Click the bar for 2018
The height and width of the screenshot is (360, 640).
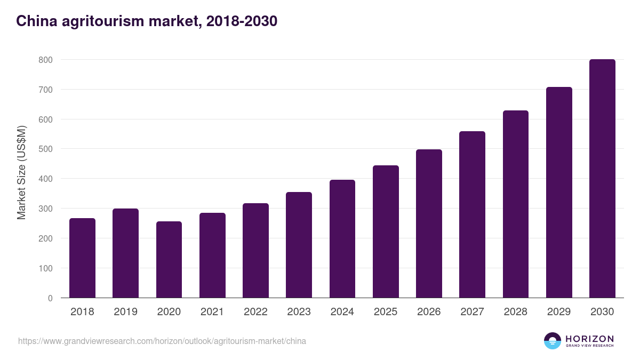click(82, 258)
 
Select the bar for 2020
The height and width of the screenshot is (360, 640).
click(169, 260)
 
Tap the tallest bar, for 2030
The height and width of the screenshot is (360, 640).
click(602, 179)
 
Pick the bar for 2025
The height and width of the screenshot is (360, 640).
click(386, 231)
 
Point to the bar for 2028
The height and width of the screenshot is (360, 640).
click(516, 204)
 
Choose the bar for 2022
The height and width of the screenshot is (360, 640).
click(255, 251)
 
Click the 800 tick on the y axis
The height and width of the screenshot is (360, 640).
click(45, 60)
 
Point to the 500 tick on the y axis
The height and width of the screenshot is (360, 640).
click(45, 149)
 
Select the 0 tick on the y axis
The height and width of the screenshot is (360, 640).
click(50, 298)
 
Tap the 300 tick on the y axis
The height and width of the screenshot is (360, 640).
click(45, 209)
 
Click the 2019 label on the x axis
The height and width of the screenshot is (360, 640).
click(125, 312)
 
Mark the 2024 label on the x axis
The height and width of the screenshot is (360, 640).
click(342, 312)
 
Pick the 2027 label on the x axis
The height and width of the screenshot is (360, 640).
click(472, 312)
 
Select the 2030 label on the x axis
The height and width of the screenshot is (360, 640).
click(602, 312)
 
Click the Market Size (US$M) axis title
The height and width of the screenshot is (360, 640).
click(21, 172)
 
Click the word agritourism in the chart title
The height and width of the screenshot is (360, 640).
click(94, 21)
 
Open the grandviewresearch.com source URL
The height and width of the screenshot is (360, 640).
click(162, 341)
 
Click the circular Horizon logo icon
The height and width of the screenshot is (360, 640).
click(553, 341)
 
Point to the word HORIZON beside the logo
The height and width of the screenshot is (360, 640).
click(589, 338)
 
